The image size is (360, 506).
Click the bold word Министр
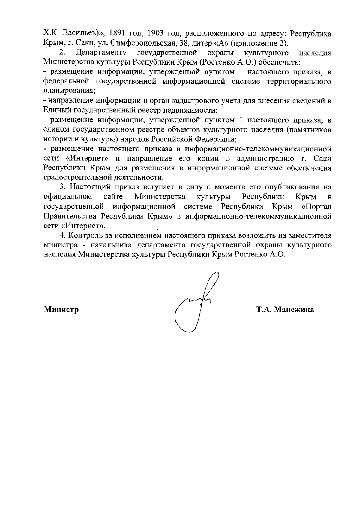tap(61, 309)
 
